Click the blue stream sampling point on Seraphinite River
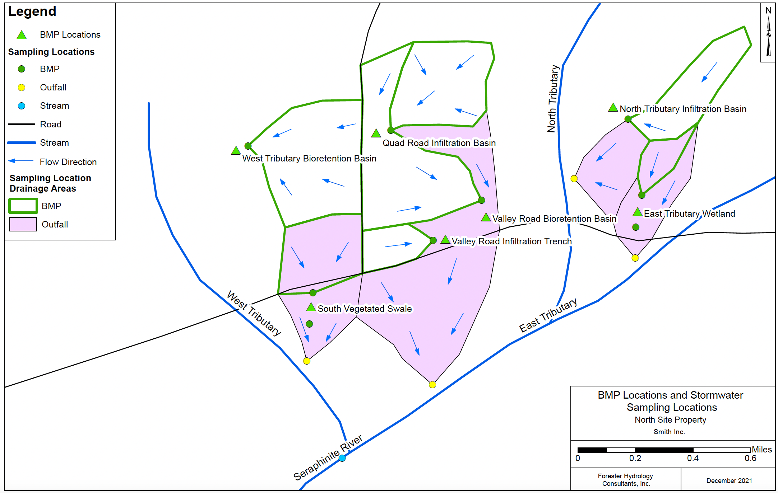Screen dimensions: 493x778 tap(342, 458)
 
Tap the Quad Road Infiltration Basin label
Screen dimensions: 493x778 tap(439, 143)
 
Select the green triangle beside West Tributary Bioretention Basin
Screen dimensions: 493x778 tap(236, 150)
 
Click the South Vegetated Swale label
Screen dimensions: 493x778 tap(365, 309)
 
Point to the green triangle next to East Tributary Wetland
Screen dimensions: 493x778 tap(638, 212)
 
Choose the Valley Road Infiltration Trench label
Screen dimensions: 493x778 tap(511, 241)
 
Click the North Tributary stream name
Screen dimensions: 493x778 tap(553, 99)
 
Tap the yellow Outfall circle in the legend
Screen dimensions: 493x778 tap(22, 88)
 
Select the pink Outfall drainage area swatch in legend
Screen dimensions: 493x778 tap(23, 224)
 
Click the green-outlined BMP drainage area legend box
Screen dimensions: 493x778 tap(23, 206)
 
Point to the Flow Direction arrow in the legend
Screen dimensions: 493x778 tap(21, 161)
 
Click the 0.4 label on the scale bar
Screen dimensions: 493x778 tap(693, 458)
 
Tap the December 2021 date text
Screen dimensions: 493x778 tap(729, 480)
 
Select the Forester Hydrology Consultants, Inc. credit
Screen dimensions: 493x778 tap(625, 480)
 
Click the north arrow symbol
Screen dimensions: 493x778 tap(769, 36)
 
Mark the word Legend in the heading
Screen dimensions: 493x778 tap(32, 11)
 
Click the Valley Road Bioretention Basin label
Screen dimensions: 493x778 tap(554, 219)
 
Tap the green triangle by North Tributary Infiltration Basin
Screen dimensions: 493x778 tap(613, 107)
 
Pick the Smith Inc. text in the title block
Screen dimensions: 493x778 tap(669, 432)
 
